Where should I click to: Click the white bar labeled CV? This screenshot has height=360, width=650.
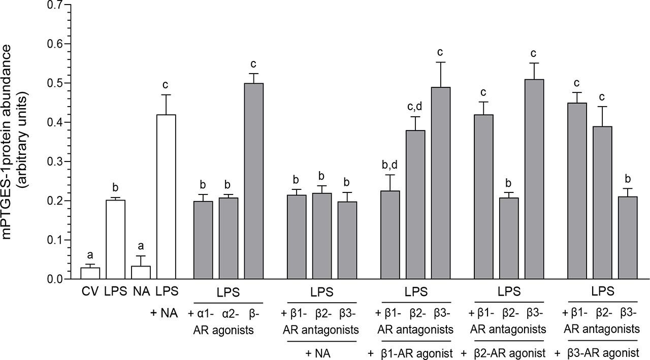(x=90, y=273)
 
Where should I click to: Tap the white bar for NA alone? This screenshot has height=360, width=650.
(x=141, y=273)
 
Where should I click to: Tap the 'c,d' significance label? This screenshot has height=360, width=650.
(x=415, y=107)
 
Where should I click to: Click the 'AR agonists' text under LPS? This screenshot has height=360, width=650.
(x=223, y=330)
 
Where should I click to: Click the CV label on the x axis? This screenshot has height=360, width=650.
(x=90, y=293)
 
